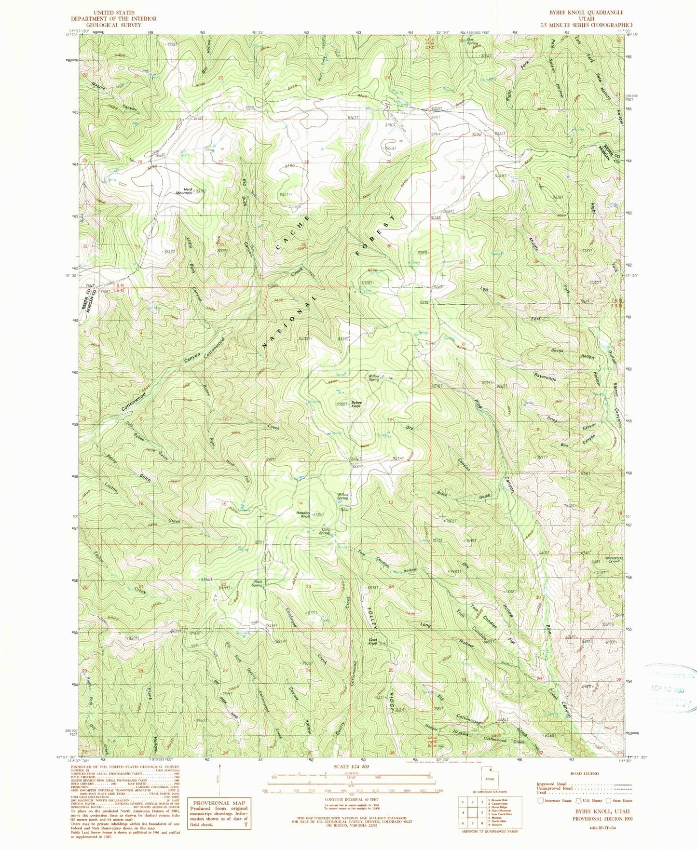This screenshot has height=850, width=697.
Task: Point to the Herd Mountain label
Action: click(184, 191)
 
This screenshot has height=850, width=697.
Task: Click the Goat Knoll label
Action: click(372, 642)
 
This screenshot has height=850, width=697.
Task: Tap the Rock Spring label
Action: click(258, 583)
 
